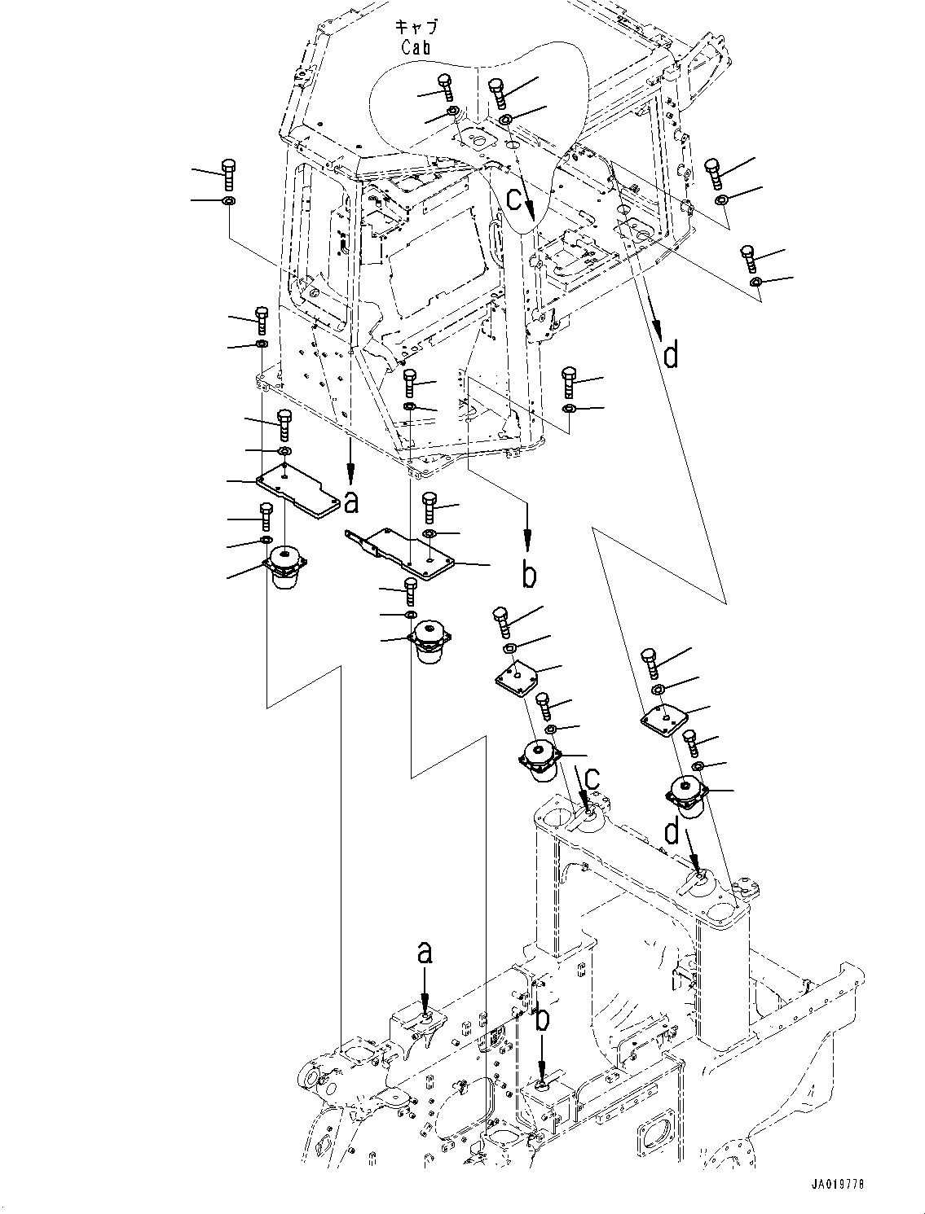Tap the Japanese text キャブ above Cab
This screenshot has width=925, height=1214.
tap(415, 27)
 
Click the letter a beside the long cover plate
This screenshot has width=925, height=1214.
tap(351, 503)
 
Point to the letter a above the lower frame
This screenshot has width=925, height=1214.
tap(425, 953)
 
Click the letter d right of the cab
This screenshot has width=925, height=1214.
tap(670, 355)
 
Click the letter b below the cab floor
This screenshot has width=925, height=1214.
tap(529, 575)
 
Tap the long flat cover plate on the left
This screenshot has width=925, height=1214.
tap(298, 492)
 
